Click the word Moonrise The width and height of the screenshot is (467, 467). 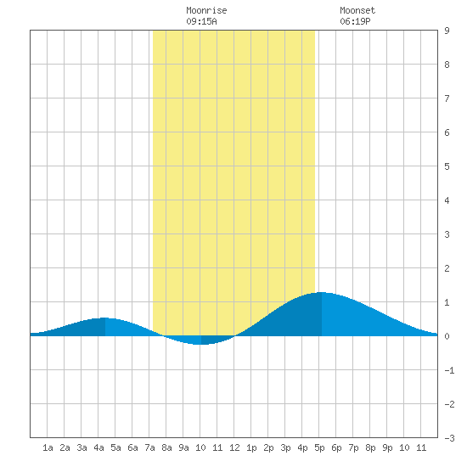click(206, 10)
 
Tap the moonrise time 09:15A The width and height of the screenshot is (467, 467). click(201, 21)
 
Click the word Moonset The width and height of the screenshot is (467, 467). click(357, 10)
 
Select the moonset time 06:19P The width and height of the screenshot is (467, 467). click(355, 21)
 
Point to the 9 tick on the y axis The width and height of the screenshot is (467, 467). click(447, 31)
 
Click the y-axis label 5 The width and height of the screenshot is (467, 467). click(447, 166)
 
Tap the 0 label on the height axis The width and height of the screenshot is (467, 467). click(447, 336)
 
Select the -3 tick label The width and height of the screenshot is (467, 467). click(449, 438)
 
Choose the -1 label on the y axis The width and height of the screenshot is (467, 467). click(449, 370)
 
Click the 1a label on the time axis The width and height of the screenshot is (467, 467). click(48, 447)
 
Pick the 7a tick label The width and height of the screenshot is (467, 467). click(149, 447)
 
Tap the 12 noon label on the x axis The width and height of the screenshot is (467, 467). click(234, 447)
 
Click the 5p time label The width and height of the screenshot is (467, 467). click(319, 447)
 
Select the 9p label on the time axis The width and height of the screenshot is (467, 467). click(387, 447)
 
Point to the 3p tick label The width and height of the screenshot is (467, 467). click(285, 447)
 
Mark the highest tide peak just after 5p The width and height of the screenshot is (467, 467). click(322, 292)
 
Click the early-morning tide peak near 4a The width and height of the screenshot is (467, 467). click(104, 318)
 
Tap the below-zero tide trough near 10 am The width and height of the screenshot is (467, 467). click(201, 344)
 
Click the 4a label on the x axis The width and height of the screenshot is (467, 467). click(98, 447)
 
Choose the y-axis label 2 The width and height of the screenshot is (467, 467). click(447, 268)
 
